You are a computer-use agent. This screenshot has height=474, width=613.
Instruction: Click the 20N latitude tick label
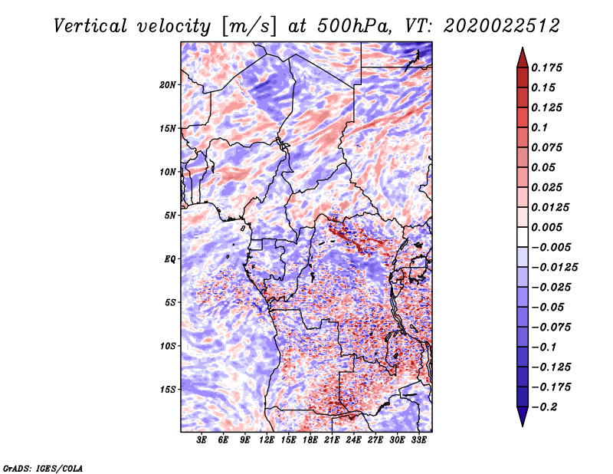point(168,85)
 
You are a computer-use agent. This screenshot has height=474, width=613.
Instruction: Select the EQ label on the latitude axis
point(169,259)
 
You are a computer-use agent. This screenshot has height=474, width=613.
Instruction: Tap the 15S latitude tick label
point(168,390)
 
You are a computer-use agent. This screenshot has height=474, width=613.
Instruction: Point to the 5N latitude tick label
point(170,216)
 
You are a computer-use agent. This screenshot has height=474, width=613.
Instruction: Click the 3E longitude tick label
point(202,440)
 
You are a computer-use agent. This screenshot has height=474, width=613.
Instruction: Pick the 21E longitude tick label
point(332,440)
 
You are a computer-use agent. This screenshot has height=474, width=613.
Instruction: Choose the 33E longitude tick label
point(418,440)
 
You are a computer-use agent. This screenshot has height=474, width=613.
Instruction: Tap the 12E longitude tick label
point(266,440)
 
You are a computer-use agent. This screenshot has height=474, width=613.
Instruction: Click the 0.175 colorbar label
point(546,67)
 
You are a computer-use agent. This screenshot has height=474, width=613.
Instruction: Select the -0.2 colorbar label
point(544,407)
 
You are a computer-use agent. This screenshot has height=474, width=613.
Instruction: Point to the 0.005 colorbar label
point(546,227)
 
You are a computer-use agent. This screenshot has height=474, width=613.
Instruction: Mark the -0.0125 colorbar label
point(554,268)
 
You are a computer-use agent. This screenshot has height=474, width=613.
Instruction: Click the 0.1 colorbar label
point(539,127)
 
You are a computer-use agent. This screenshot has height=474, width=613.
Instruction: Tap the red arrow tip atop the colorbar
point(523,48)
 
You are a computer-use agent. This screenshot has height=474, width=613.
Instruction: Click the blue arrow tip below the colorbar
point(523,426)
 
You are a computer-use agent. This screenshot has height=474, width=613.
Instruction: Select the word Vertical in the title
point(90,26)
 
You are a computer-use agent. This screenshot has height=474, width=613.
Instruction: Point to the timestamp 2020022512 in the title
point(502,26)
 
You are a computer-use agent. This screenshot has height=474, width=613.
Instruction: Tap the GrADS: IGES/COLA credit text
point(43,468)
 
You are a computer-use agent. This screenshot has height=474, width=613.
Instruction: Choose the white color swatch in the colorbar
point(523,237)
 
